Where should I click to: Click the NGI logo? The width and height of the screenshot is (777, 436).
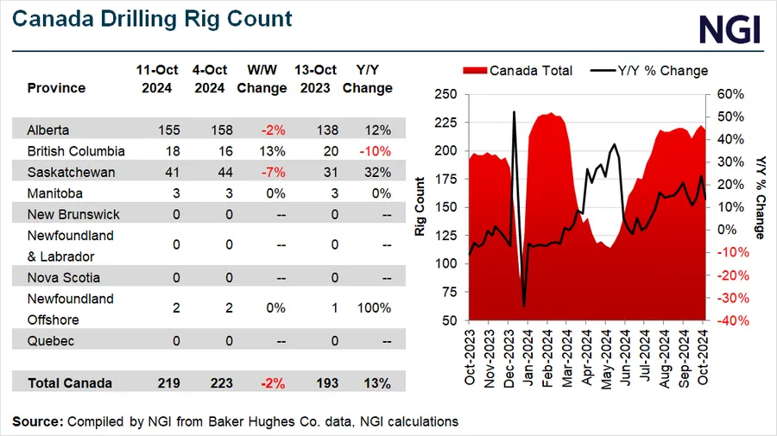[729, 28]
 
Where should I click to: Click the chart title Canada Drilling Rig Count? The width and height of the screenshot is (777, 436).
[152, 18]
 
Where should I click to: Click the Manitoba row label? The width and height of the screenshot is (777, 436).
[54, 193]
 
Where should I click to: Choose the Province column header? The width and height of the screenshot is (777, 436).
[56, 88]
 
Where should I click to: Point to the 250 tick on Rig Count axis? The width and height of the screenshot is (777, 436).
[445, 94]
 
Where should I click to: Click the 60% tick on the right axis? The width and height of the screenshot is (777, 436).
[724, 94]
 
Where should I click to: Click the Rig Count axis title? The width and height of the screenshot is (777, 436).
[420, 207]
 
